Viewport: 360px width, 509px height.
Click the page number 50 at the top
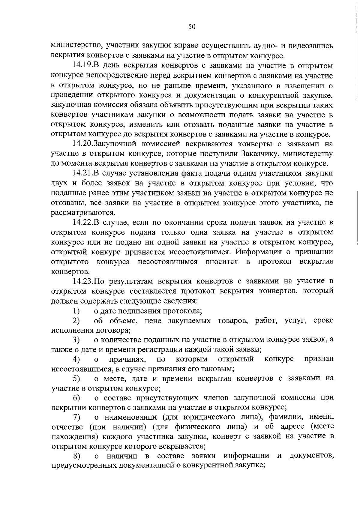coord(192,27)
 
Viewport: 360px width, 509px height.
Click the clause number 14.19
coord(83,66)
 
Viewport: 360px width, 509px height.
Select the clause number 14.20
coord(83,144)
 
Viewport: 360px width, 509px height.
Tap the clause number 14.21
coord(83,173)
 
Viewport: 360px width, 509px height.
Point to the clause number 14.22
coord(83,222)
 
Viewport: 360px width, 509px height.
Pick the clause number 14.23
coord(83,281)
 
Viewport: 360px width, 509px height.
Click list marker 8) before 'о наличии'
coord(76,457)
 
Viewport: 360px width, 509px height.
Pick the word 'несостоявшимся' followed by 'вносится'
coord(168,262)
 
